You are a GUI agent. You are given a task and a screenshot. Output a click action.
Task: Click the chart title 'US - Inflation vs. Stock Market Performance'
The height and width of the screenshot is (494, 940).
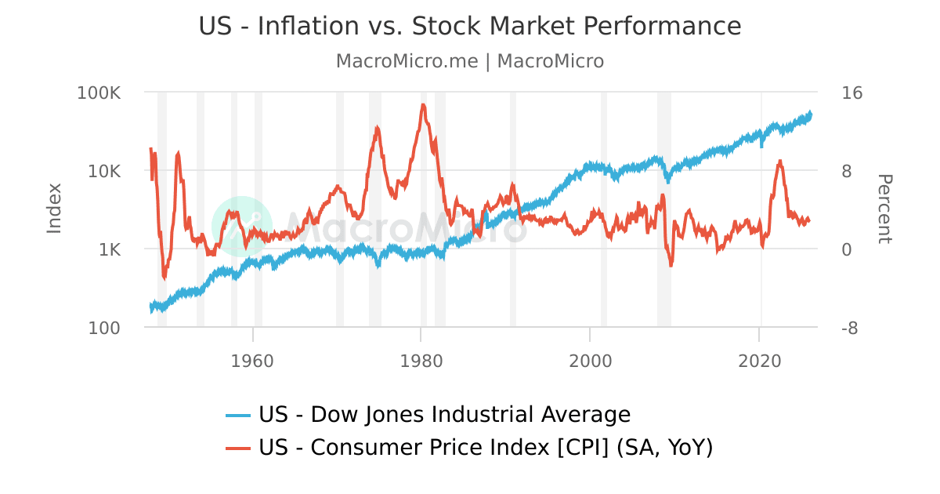tap(470, 26)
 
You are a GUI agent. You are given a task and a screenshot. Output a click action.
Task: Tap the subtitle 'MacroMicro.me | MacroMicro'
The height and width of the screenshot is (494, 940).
tap(470, 61)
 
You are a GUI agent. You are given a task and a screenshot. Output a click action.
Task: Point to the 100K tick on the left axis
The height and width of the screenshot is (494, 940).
tap(99, 93)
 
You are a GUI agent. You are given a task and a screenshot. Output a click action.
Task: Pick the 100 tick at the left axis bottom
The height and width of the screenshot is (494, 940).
tap(105, 328)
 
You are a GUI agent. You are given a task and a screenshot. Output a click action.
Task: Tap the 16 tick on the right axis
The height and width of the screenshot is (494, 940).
tap(851, 93)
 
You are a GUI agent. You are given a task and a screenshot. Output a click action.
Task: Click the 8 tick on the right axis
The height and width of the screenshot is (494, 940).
tap(847, 171)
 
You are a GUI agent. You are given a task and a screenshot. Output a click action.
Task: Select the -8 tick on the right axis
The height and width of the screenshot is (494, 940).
tap(849, 328)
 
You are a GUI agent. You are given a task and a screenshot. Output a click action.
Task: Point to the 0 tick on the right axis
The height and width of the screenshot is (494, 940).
tap(847, 249)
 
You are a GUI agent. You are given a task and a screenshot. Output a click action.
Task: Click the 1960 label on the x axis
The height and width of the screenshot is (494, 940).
tap(253, 361)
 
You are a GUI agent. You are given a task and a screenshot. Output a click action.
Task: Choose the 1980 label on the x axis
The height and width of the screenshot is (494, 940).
tap(421, 361)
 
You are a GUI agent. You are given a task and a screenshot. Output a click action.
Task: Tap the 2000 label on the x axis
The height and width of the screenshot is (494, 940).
tap(590, 361)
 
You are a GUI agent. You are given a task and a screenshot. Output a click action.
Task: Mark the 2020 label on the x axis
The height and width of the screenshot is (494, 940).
tap(760, 361)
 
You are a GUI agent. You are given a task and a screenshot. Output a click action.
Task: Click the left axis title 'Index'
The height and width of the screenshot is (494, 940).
tap(54, 209)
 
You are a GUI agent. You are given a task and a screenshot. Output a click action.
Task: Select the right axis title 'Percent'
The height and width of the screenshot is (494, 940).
tap(884, 209)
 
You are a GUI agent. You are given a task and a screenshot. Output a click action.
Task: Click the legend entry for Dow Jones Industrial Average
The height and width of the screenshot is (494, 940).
tap(443, 414)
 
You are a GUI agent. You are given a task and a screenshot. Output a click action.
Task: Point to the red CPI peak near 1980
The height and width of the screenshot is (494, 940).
tap(423, 104)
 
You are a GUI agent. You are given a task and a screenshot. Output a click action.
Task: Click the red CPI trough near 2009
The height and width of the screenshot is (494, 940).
tap(671, 265)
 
